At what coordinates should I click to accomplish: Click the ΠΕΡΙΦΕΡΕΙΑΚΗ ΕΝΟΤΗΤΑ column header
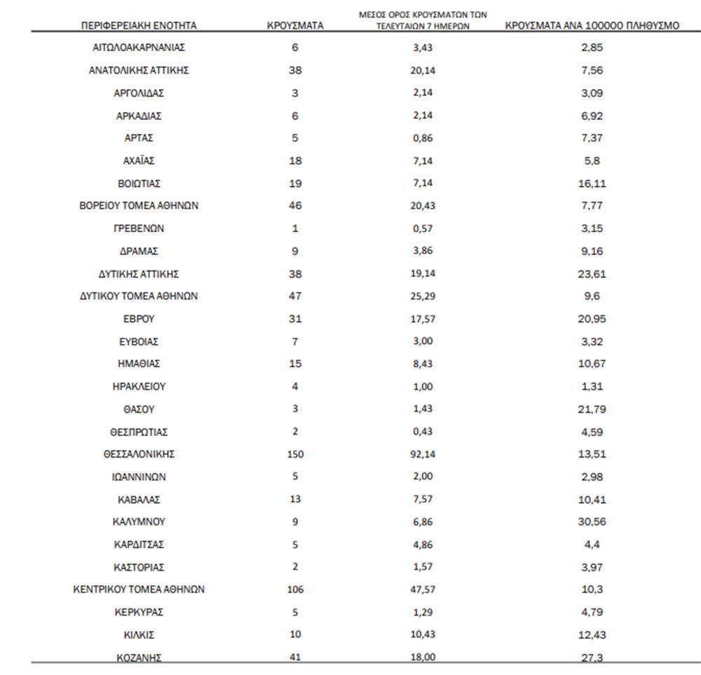139,26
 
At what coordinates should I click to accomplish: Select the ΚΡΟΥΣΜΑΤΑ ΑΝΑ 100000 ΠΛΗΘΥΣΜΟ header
592,26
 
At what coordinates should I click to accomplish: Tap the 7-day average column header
423,20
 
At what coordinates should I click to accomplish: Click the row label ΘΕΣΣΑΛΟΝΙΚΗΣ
139,454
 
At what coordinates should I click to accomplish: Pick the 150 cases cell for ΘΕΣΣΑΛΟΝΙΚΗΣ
295,454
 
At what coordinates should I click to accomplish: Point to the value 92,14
423,454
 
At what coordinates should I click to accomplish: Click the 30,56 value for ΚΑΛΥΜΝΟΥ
592,522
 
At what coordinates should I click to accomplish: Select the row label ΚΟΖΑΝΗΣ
139,657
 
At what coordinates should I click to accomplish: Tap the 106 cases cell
295,589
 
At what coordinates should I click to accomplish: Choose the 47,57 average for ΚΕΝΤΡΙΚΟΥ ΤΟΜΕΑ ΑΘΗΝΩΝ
423,589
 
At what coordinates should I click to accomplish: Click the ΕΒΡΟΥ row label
139,319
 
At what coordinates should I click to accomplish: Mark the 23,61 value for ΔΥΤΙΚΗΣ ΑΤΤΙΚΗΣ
592,274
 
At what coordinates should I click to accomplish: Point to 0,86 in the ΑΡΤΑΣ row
423,138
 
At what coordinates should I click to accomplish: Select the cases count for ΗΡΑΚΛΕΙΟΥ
295,386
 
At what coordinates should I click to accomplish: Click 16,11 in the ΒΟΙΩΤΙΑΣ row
592,184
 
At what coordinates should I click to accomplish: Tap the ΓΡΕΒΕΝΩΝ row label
139,229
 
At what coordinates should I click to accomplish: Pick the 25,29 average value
423,296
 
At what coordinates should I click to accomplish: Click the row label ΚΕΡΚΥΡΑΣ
139,612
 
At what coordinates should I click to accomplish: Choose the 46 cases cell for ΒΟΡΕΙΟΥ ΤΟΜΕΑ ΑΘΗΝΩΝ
295,206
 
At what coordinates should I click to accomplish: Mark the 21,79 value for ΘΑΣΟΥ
592,409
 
